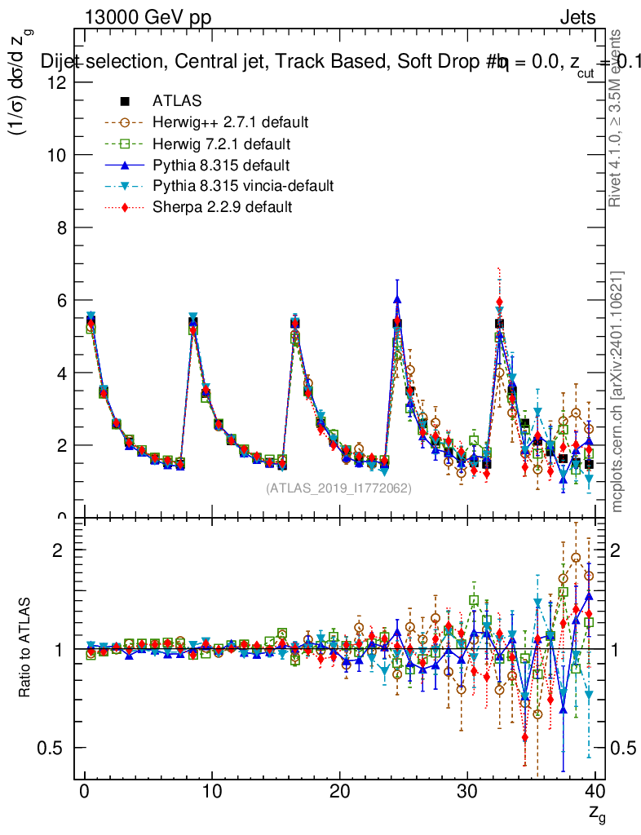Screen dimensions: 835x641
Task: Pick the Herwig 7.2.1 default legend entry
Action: coord(221,144)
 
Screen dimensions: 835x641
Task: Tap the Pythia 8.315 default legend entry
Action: coord(221,165)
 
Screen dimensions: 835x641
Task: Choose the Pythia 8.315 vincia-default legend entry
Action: coord(243,186)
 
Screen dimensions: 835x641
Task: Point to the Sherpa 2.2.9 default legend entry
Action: coord(222,207)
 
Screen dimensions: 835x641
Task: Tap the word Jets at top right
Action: coord(577,17)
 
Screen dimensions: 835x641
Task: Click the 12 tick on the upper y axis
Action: coord(59,82)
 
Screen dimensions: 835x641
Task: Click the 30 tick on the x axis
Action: coord(467,791)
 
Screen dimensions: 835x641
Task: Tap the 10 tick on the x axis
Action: coord(212,791)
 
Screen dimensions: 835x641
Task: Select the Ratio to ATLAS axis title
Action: coord(26,648)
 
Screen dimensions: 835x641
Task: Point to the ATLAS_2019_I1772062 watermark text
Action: coord(338,488)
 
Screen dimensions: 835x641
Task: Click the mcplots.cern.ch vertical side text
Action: coord(617,392)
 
